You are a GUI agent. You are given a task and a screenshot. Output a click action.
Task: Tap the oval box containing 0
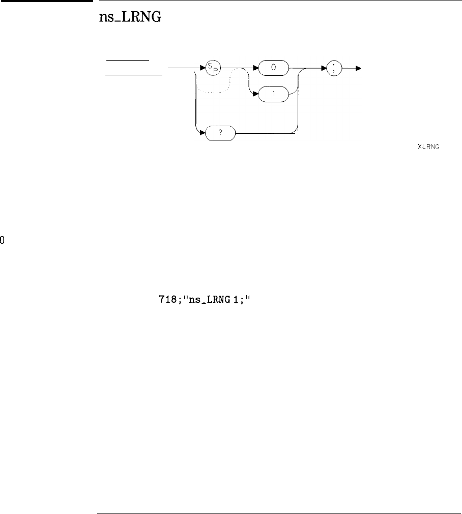[x=274, y=67]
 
